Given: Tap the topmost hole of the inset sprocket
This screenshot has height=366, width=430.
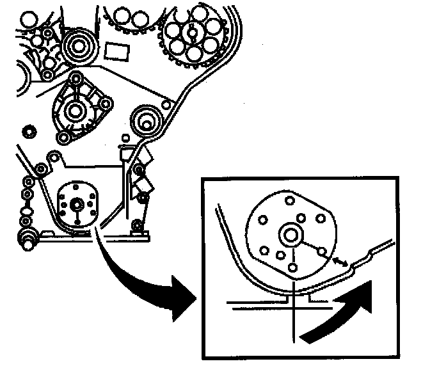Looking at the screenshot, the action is coord(291,201).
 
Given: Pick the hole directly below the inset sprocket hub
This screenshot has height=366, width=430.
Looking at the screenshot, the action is coord(292,267).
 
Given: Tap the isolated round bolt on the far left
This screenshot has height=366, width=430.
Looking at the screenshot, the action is coord(28,132).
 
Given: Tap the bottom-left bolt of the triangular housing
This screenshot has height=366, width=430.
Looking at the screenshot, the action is coord(62,137).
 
